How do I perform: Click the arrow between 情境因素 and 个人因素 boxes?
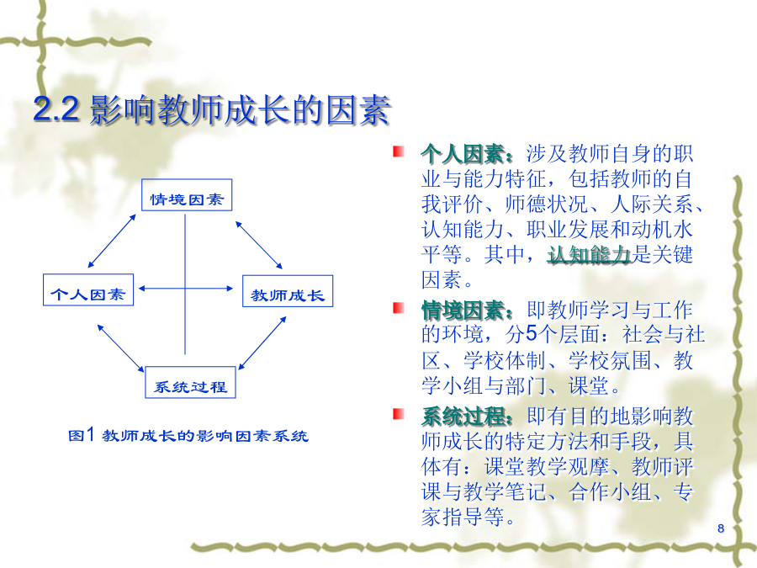pyautogui.click(x=112, y=241)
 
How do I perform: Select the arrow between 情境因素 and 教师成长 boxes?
pyautogui.click(x=259, y=245)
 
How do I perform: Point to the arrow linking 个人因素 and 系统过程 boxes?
pyautogui.click(x=120, y=348)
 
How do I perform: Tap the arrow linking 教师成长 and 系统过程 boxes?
pyautogui.click(x=262, y=343)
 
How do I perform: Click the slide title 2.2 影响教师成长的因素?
pyautogui.click(x=211, y=109)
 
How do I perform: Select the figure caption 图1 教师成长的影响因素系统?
pyautogui.click(x=188, y=436)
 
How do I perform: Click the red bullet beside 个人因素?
pyautogui.click(x=399, y=151)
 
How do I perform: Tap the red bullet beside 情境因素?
pyautogui.click(x=399, y=308)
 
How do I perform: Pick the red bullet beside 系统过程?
pyautogui.click(x=399, y=414)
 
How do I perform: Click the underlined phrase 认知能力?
pyautogui.click(x=589, y=255)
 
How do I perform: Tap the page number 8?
pyautogui.click(x=721, y=528)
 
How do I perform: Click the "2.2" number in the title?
pyautogui.click(x=56, y=109)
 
